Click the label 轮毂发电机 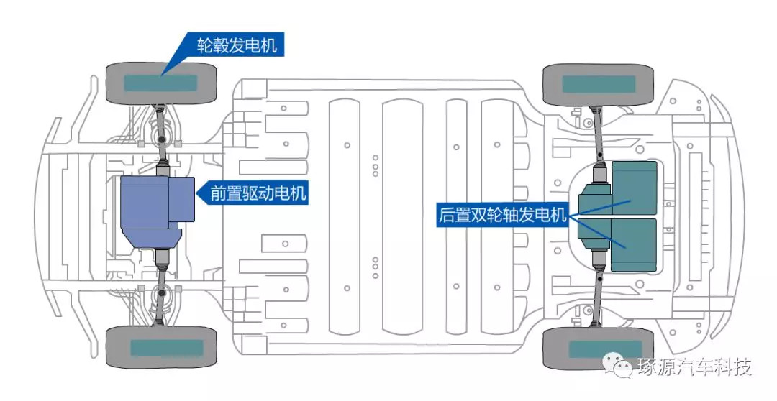(237, 45)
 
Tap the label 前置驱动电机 (259, 193)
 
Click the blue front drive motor (158, 211)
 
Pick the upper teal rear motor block (635, 188)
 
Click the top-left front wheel (161, 83)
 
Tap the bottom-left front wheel (161, 347)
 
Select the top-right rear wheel (598, 85)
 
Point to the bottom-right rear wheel (598, 349)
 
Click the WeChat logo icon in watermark (617, 366)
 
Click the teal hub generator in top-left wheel (160, 83)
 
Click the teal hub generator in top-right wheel (599, 84)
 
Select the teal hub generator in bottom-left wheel (167, 348)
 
